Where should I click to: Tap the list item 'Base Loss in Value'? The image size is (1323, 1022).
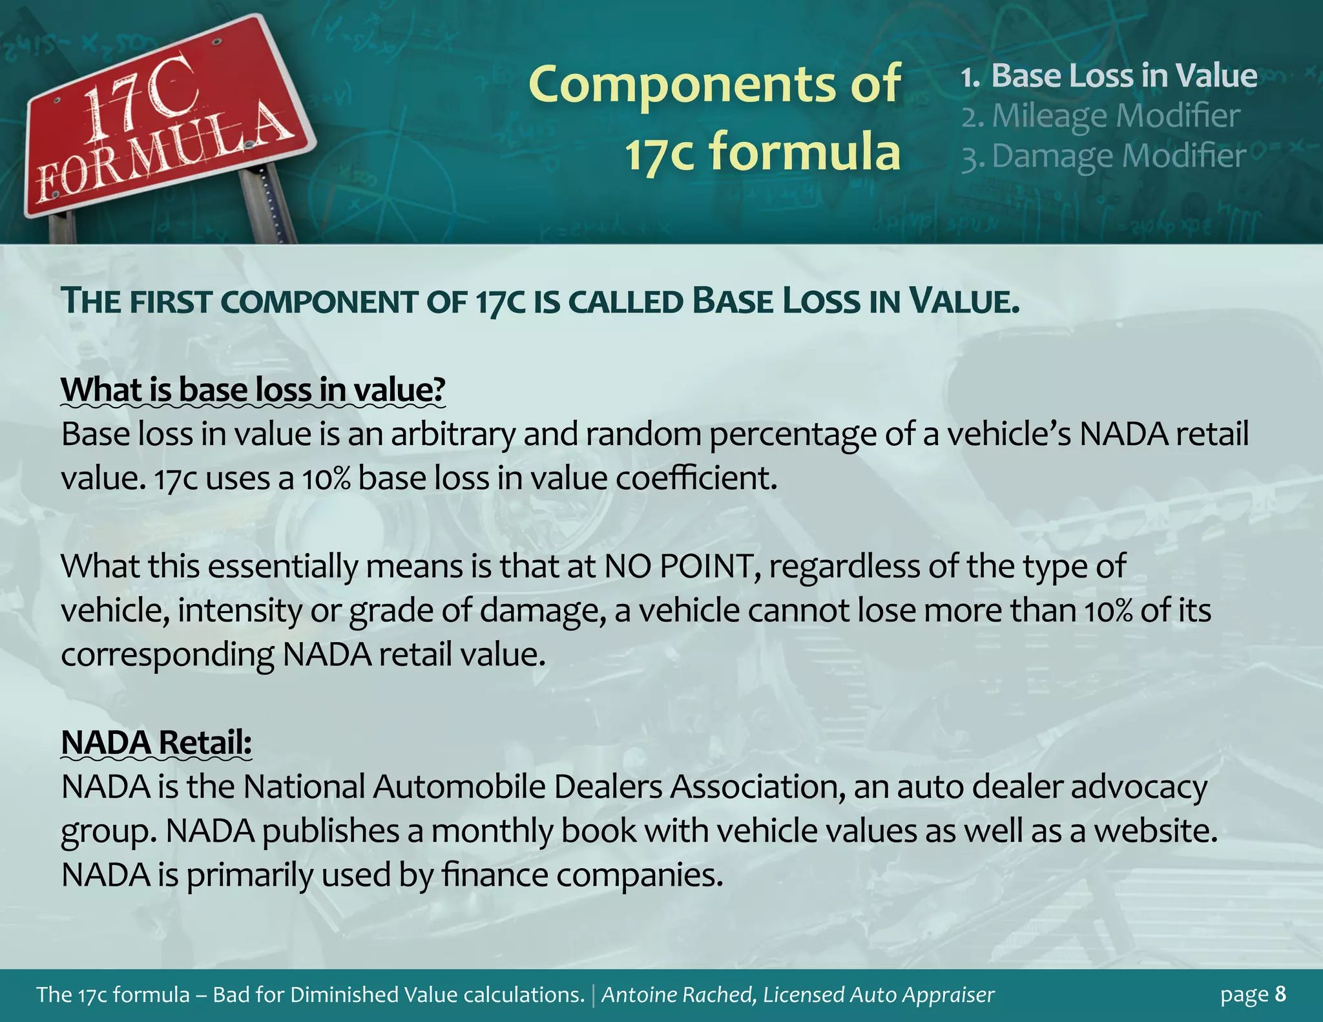pos(1123,76)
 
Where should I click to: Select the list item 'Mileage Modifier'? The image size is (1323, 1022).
pos(1115,116)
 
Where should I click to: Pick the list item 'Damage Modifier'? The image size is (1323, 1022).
pos(1118,156)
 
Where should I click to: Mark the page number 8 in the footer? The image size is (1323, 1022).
pos(1280,994)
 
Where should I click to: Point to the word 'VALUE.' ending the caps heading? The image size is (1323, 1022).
pos(963,302)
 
